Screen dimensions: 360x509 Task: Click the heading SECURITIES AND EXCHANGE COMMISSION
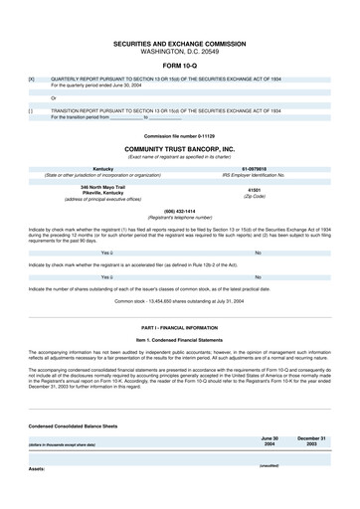coord(179,44)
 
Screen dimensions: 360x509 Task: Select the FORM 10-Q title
coord(179,66)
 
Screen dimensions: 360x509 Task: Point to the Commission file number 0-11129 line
coord(179,135)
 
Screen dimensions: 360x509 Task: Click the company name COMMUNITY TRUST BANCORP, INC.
coord(179,148)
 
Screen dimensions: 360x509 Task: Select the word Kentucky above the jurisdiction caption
coord(103,169)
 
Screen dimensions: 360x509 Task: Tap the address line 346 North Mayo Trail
coord(103,186)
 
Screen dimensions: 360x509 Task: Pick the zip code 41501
coord(254,189)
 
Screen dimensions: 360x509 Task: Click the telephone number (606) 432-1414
coord(179,211)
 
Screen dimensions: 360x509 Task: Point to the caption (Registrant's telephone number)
coord(179,217)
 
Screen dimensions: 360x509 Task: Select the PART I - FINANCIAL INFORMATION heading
coord(179,327)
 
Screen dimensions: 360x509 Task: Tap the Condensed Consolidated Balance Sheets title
coord(73,424)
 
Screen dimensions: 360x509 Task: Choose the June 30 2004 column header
coord(270,440)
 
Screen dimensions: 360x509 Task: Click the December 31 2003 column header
coord(311,440)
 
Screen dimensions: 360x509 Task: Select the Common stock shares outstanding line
coord(179,299)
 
